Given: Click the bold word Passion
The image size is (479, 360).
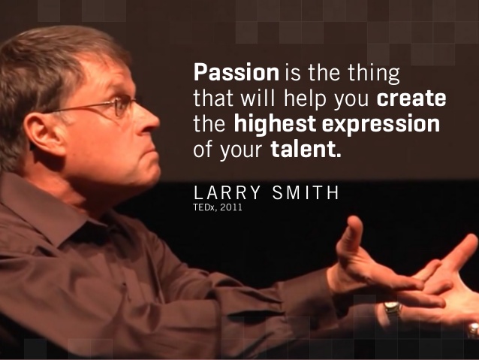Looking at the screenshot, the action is [x=236, y=72].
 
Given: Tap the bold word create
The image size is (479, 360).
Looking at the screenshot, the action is [x=411, y=98].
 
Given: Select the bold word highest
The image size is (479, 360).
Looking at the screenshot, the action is [x=275, y=125].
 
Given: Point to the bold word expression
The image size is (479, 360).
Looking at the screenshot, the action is [x=381, y=125].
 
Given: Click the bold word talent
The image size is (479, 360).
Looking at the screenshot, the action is [x=306, y=149].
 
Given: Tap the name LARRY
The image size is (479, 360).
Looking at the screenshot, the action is [x=227, y=192].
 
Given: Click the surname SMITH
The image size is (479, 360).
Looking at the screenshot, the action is [x=306, y=192].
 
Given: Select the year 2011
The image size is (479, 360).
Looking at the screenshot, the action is [x=231, y=207].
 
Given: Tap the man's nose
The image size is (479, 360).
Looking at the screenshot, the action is [x=149, y=121].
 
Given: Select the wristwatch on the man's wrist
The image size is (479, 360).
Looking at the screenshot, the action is [x=392, y=308].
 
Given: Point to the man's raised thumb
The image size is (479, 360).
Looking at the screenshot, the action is [x=351, y=235].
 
